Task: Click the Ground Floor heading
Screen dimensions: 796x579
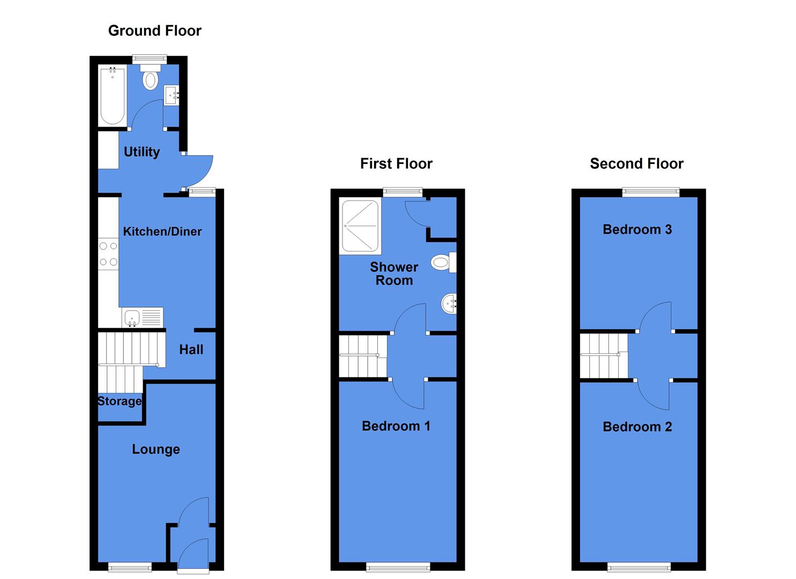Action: pyautogui.click(x=154, y=31)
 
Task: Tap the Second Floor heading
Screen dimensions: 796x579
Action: pyautogui.click(x=636, y=164)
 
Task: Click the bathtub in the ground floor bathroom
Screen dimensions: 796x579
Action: pyautogui.click(x=113, y=95)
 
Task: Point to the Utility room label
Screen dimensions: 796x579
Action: pyautogui.click(x=142, y=152)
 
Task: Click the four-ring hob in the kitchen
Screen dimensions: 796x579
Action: pyautogui.click(x=108, y=254)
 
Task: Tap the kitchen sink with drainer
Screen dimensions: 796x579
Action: pyautogui.click(x=142, y=317)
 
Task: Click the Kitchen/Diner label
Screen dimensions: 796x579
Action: pyautogui.click(x=162, y=232)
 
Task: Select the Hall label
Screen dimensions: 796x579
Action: pyautogui.click(x=191, y=350)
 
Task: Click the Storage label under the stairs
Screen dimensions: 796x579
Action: pyautogui.click(x=120, y=401)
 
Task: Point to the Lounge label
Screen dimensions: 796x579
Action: pyautogui.click(x=156, y=449)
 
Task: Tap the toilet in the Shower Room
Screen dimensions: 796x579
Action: pyautogui.click(x=442, y=262)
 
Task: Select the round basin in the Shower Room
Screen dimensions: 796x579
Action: pyautogui.click(x=449, y=305)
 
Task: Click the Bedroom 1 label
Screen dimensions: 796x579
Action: pyautogui.click(x=396, y=426)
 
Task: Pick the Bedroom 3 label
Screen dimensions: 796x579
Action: pyautogui.click(x=637, y=229)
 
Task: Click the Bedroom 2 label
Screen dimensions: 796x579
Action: pyautogui.click(x=637, y=427)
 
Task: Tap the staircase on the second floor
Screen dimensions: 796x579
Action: pyautogui.click(x=604, y=355)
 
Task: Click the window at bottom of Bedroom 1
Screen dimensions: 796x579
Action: pyautogui.click(x=398, y=566)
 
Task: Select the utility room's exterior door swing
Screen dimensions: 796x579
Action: pyautogui.click(x=199, y=170)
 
